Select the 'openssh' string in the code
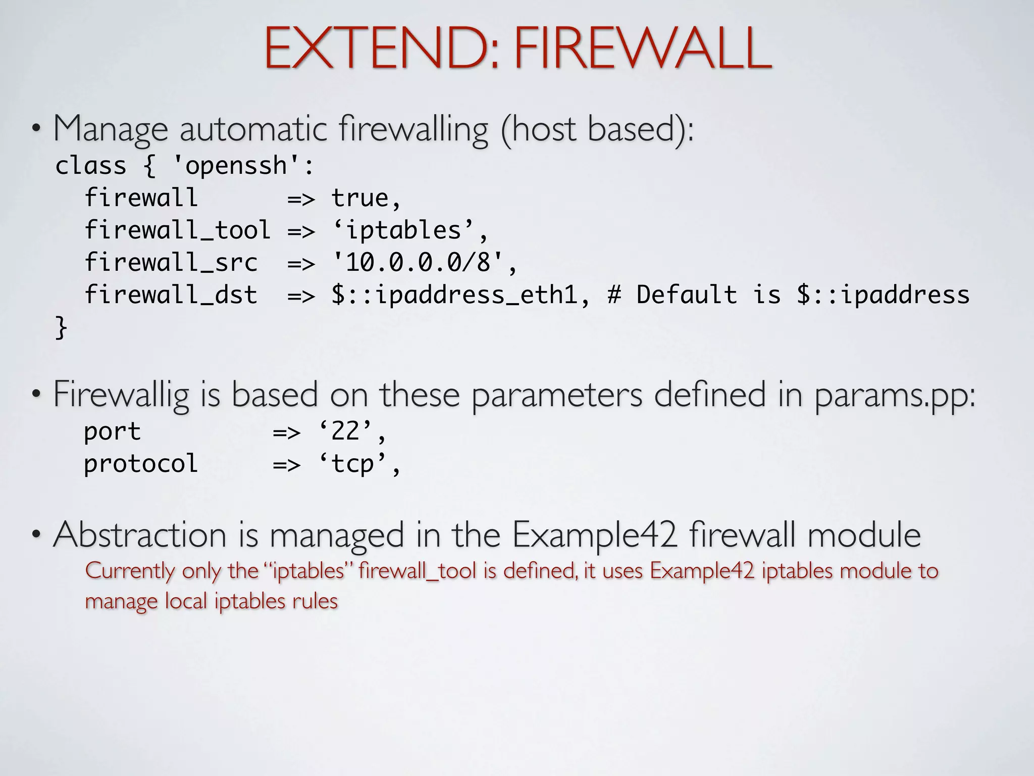point(237,166)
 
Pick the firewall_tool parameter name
point(177,230)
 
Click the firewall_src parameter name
point(171,262)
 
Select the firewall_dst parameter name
point(171,295)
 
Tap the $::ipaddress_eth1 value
point(454,295)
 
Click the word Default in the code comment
point(686,295)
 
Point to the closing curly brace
point(61,327)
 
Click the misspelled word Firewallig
point(121,395)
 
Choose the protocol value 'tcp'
point(353,464)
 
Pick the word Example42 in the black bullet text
point(594,535)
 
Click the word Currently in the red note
point(130,571)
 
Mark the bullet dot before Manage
point(35,129)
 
